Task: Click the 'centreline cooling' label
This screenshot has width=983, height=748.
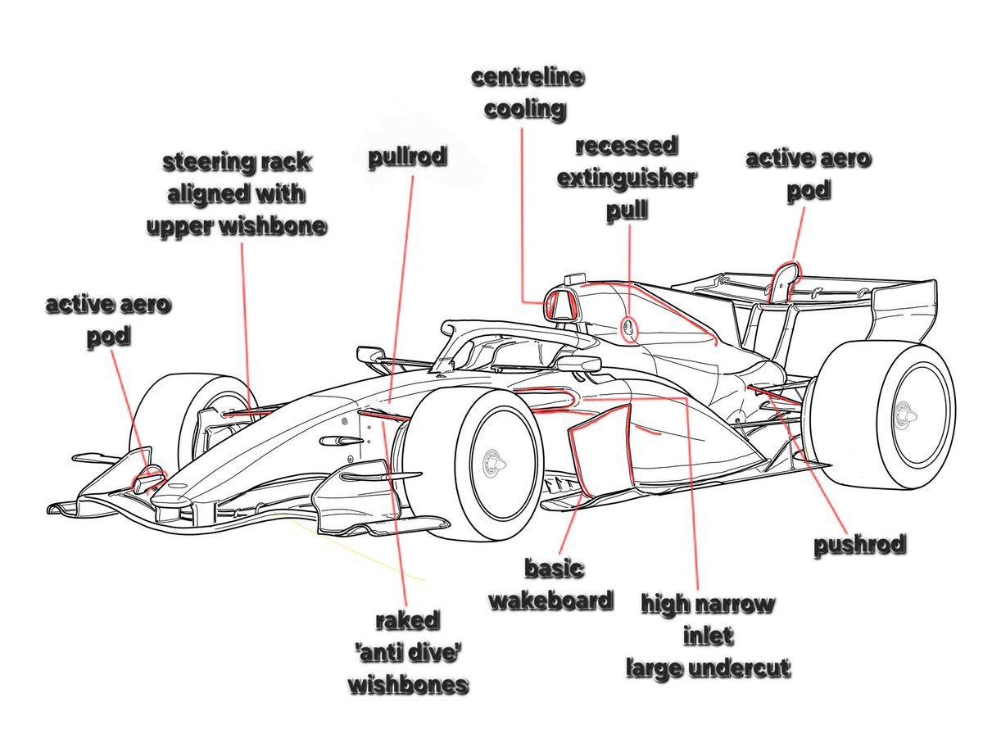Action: pyautogui.click(x=527, y=93)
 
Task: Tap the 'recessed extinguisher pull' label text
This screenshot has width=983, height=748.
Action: pyautogui.click(x=627, y=179)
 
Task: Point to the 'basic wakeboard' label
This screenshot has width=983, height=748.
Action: pyautogui.click(x=550, y=583)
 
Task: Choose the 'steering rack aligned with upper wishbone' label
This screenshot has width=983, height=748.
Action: pyautogui.click(x=237, y=194)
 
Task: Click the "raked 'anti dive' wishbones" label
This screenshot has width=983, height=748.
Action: pyautogui.click(x=408, y=652)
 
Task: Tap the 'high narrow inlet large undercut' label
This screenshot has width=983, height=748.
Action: pyautogui.click(x=708, y=636)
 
